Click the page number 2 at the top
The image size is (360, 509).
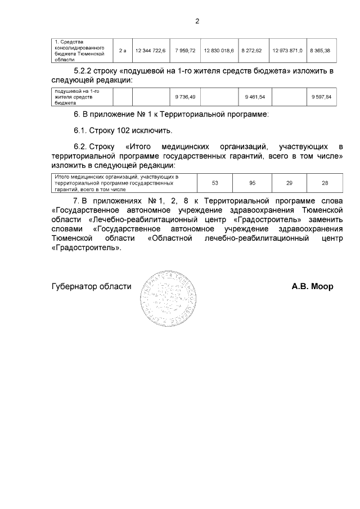(197, 21)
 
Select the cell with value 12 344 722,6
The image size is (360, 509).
(150, 51)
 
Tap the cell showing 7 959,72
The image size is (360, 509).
(185, 51)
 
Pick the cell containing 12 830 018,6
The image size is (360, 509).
(218, 51)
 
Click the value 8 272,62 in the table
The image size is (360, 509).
(254, 51)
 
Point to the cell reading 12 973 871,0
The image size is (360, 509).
(287, 51)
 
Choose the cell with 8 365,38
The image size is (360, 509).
(321, 51)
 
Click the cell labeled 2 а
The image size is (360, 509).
(123, 51)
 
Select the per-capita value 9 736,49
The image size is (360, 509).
(185, 97)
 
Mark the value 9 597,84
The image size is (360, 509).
(321, 97)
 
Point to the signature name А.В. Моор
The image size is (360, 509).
(312, 286)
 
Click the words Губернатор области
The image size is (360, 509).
(91, 286)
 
